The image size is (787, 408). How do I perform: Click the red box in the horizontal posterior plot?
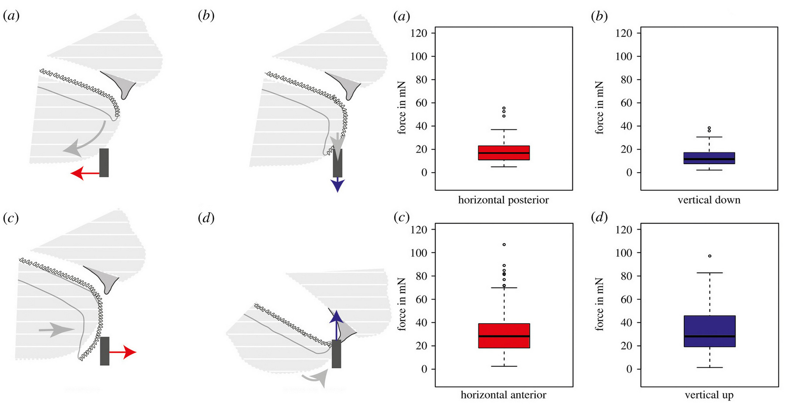(504, 153)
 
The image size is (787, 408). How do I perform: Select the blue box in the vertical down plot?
(709, 158)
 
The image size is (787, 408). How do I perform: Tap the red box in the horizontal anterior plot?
(504, 335)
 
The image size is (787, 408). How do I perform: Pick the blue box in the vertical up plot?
(709, 331)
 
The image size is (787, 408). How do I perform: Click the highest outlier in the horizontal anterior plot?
(504, 244)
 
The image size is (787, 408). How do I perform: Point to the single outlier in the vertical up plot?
(710, 256)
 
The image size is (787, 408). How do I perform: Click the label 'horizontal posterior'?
(503, 200)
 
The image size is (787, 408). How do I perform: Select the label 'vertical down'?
(709, 200)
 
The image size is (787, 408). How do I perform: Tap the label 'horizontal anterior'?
(503, 395)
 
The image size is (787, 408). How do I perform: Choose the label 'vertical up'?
(709, 395)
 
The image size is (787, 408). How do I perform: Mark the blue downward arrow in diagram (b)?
(338, 185)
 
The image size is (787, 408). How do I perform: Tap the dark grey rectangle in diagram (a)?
(104, 163)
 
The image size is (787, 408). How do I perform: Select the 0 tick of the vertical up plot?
(629, 369)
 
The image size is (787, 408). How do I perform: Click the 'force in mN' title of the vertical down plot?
(600, 108)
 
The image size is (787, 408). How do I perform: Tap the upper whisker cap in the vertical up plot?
(709, 273)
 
